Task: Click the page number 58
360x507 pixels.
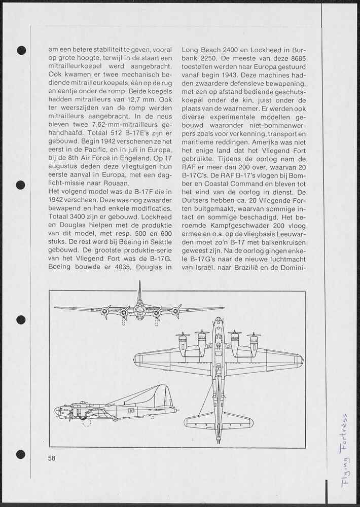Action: (51, 458)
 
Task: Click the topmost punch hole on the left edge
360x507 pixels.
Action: (21, 50)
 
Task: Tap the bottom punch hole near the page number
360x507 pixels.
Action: (21, 454)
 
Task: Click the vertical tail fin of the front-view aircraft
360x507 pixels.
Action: (139, 293)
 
